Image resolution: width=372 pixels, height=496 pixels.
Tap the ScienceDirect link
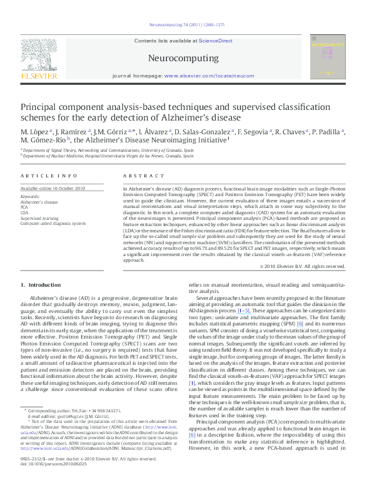click(215, 41)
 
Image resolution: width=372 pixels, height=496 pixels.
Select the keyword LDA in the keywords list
click(26, 212)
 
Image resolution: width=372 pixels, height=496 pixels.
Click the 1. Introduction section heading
click(41, 285)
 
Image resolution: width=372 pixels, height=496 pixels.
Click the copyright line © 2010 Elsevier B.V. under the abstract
click(302, 266)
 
